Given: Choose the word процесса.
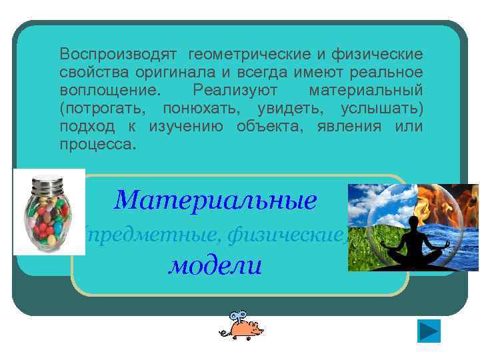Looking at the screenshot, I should [x=97, y=144].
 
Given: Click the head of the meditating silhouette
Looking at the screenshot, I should [x=422, y=221].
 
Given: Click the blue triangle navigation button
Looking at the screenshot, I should [x=429, y=331].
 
